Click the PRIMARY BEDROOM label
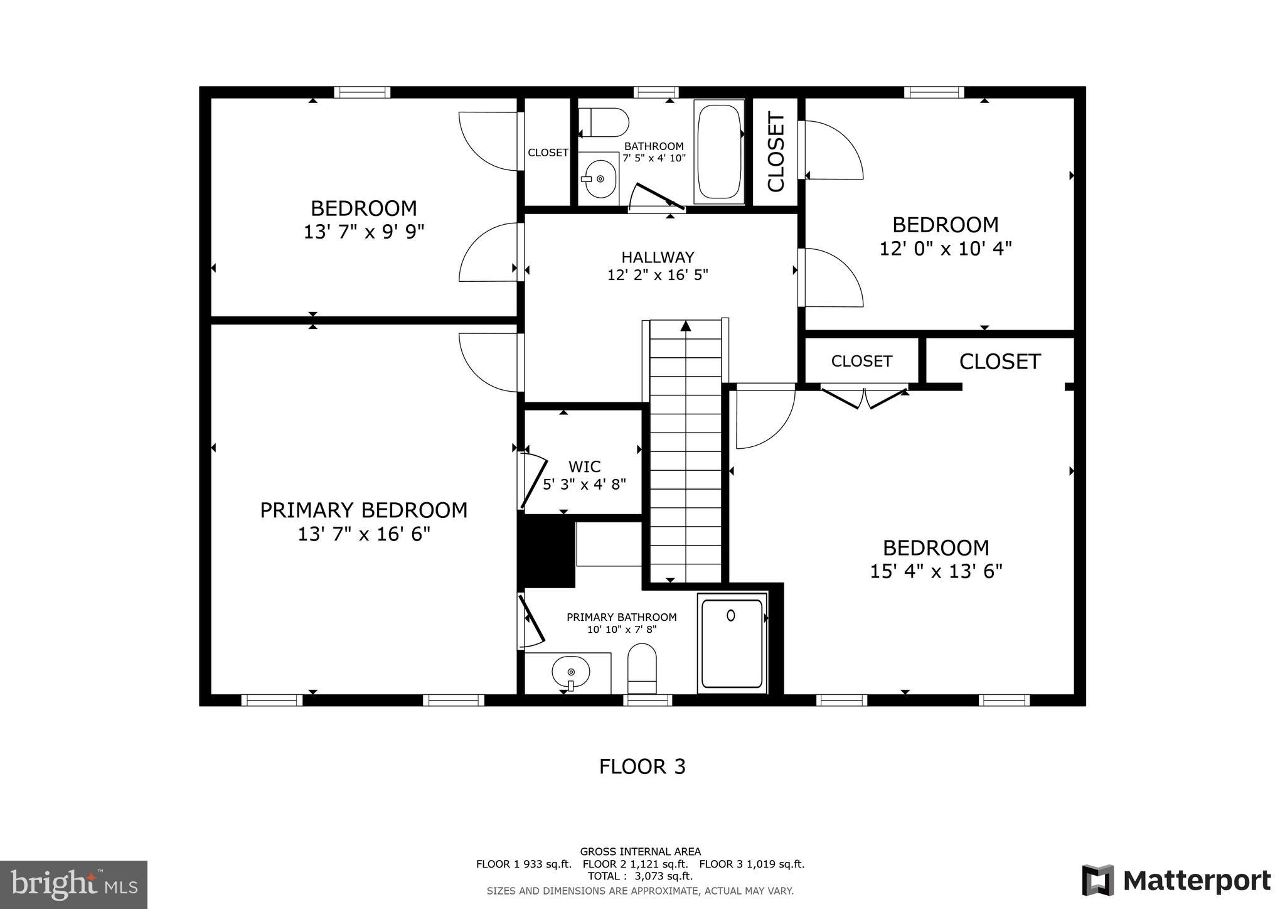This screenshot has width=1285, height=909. pos(364,510)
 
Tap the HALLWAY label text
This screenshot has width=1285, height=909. pos(658,257)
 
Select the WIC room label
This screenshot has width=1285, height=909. pos(584,466)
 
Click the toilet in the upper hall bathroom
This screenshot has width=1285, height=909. pos(603,122)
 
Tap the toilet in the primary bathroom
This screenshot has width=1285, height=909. pos(642,669)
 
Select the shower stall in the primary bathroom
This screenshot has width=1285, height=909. pos(732,643)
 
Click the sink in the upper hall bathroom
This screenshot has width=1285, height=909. pos(598,178)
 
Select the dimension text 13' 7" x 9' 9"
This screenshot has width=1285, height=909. pos(364,232)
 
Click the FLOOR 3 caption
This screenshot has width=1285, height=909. pos(642,767)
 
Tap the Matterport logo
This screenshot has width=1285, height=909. pos(1176,880)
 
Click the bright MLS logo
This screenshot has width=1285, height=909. pos(73,885)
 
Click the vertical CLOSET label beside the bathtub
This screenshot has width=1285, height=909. pos(776,151)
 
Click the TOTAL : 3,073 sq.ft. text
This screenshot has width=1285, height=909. pos(640,876)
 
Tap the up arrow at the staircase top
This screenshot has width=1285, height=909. pos(686,326)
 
